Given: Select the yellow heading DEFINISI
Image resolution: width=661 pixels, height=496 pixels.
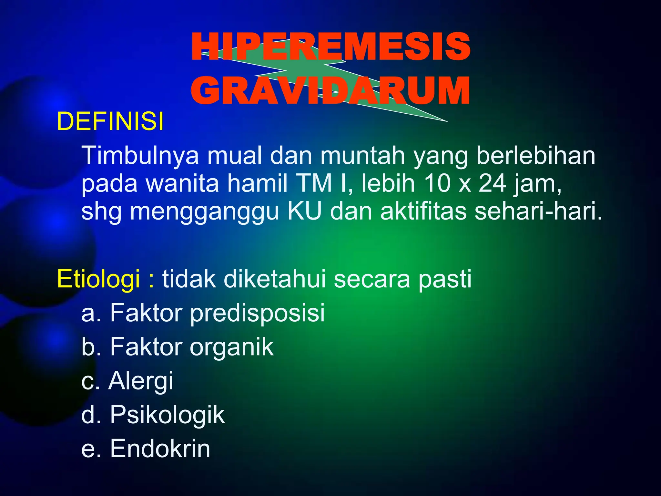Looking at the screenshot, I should pyautogui.click(x=110, y=122).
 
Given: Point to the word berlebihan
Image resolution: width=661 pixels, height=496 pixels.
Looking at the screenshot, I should pyautogui.click(x=535, y=156).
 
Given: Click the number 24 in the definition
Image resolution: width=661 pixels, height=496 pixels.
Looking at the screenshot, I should pyautogui.click(x=492, y=183).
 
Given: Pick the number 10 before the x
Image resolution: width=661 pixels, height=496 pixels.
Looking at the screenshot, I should pyautogui.click(x=437, y=183).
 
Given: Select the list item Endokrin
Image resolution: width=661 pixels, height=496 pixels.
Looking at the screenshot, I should pyautogui.click(x=160, y=449).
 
